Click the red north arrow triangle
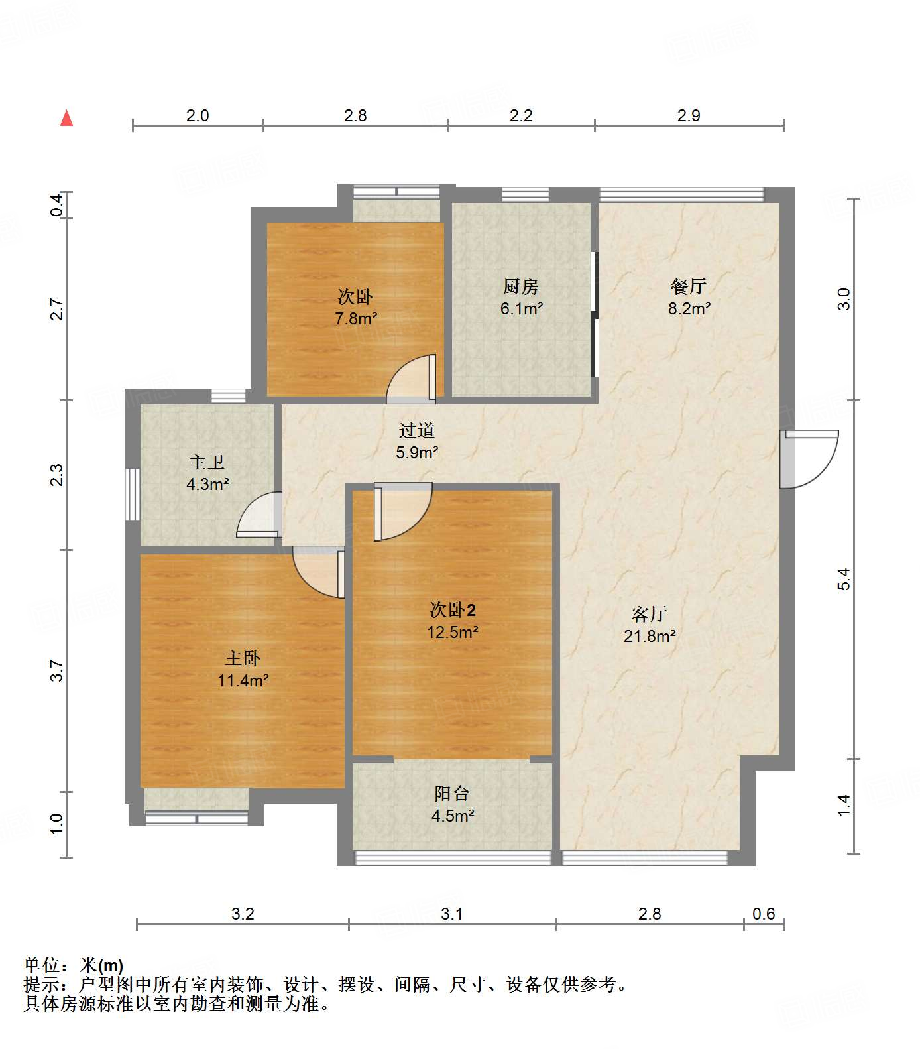click(x=66, y=119)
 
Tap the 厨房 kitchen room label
click(x=521, y=287)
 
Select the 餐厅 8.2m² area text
click(x=689, y=308)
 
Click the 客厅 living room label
click(x=649, y=615)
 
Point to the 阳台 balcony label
click(x=452, y=794)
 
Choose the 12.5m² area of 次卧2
click(x=453, y=632)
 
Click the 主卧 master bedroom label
click(x=243, y=658)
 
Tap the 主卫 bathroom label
click(x=207, y=462)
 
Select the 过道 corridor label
click(x=416, y=431)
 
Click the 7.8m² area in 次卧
click(x=356, y=318)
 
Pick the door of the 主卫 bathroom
click(x=260, y=515)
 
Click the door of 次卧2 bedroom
click(x=400, y=511)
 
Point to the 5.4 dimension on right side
click(x=843, y=579)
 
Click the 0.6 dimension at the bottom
click(x=764, y=914)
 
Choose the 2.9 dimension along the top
click(x=689, y=115)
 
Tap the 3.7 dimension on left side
click(x=58, y=670)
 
